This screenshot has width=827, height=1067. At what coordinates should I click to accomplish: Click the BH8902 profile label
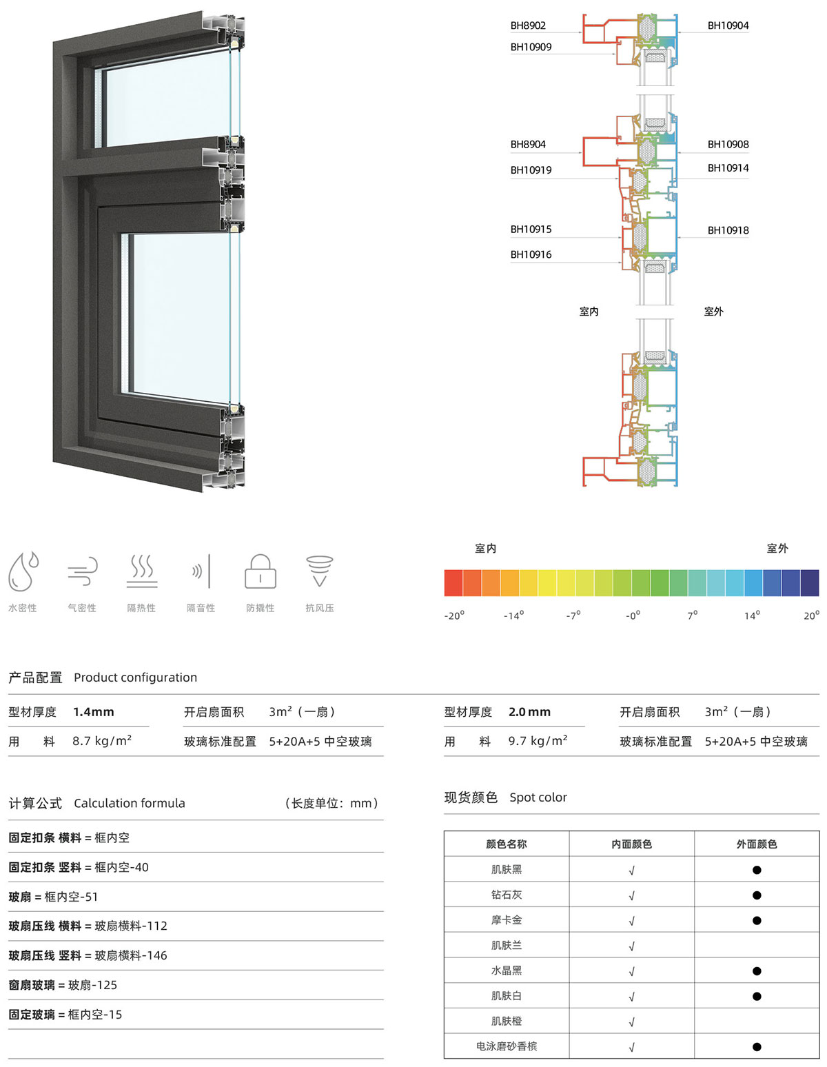[528, 26]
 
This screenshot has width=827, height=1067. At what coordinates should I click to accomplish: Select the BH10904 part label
[728, 26]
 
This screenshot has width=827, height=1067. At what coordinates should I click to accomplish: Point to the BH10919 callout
[531, 170]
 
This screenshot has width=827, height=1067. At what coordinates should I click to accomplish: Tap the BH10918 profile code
[728, 230]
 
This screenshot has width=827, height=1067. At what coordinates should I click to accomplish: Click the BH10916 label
[531, 254]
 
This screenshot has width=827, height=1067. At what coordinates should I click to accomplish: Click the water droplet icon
[23, 571]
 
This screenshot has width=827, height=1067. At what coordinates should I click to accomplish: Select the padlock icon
[260, 571]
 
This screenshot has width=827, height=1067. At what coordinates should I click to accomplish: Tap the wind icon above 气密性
[83, 571]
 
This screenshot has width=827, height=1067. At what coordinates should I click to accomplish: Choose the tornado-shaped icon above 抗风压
[320, 571]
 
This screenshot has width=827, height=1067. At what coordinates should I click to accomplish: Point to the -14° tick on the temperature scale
[513, 616]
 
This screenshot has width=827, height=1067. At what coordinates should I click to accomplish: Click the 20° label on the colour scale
[811, 616]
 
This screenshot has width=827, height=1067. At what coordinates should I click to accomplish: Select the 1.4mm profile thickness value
[93, 711]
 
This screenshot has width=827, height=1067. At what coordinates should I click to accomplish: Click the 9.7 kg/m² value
[538, 740]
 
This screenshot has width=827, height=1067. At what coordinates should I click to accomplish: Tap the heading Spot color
[538, 797]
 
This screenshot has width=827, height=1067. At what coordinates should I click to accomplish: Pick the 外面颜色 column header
[756, 844]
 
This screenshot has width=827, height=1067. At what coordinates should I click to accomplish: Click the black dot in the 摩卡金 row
[756, 920]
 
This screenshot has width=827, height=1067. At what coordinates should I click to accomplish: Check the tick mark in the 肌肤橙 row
[632, 1022]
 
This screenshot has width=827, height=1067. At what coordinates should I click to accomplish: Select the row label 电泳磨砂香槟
[506, 1046]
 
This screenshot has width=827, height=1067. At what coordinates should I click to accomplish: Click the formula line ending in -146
[88, 955]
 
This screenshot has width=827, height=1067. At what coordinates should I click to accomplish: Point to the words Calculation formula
[130, 803]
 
